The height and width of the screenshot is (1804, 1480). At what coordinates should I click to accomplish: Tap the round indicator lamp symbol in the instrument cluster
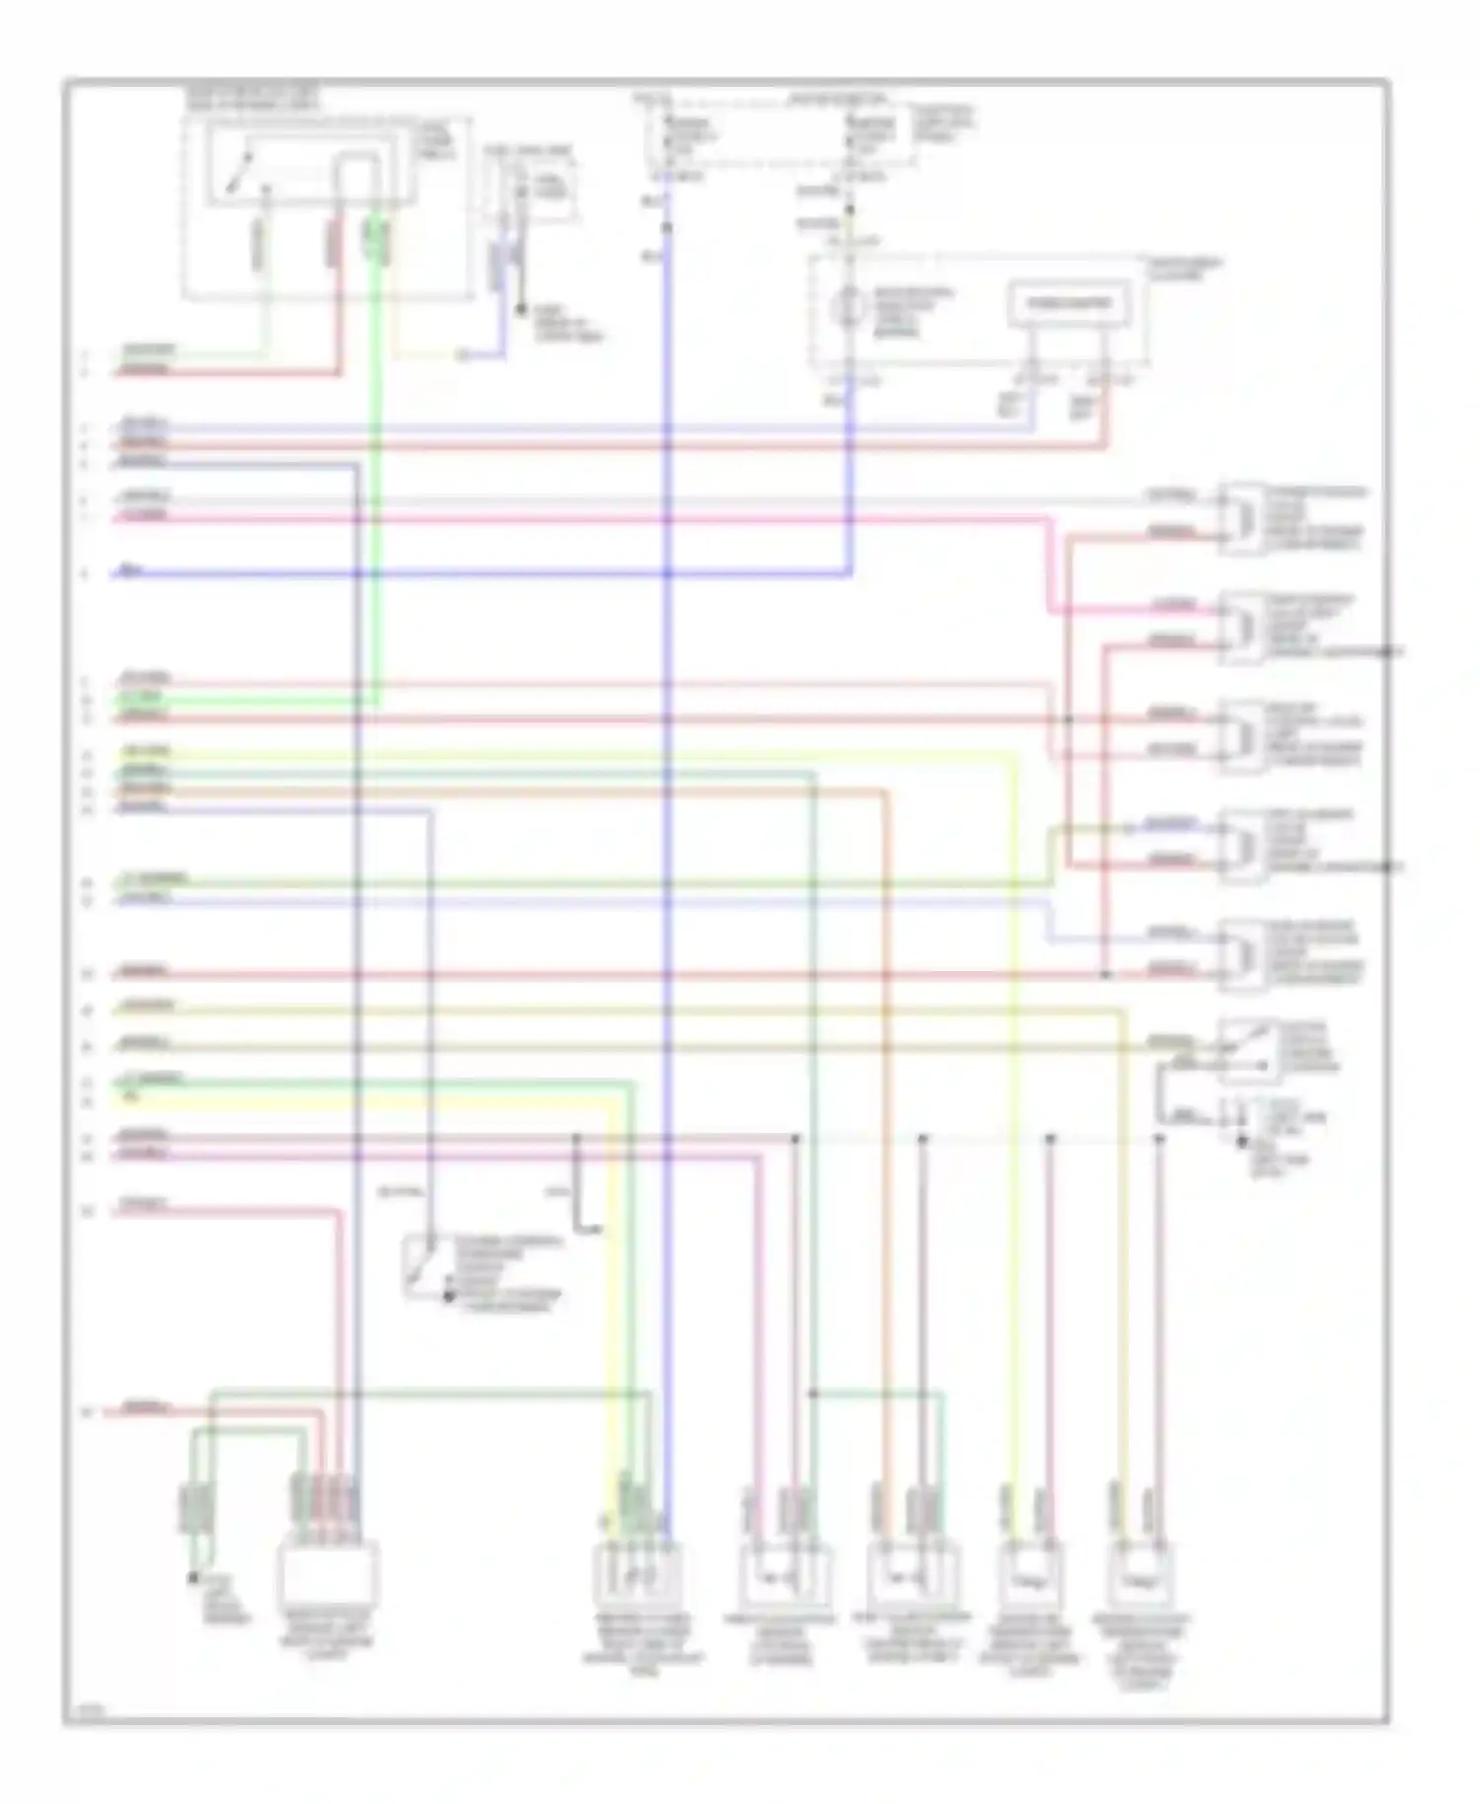pyautogui.click(x=847, y=308)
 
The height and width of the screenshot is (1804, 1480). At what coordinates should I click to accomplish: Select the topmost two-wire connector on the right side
pyautogui.click(x=1241, y=517)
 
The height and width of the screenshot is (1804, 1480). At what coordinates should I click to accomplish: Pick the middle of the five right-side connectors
pyautogui.click(x=1241, y=735)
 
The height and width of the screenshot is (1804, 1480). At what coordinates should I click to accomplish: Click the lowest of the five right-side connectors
pyautogui.click(x=1241, y=954)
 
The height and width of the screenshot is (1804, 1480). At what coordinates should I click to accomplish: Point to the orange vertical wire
pyautogui.click(x=885, y=1086)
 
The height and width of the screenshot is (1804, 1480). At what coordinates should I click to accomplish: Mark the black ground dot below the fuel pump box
pyautogui.click(x=522, y=310)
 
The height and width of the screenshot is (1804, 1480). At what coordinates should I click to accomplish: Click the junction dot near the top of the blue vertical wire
pyautogui.click(x=668, y=228)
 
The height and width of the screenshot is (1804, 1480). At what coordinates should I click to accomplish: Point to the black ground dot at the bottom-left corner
pyautogui.click(x=193, y=1579)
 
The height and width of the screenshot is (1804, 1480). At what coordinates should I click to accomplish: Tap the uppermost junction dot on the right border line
pyautogui.click(x=1388, y=651)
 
